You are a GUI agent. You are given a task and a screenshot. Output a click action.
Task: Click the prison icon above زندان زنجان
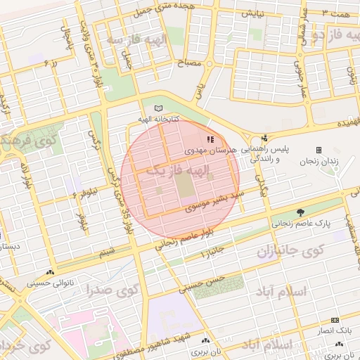click(x=319, y=150)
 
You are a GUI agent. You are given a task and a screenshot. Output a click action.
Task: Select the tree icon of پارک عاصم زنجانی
click(x=301, y=212)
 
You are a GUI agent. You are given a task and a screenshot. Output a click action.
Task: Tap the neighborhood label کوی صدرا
click(x=113, y=289)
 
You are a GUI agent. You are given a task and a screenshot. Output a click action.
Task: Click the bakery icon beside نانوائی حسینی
click(x=49, y=274)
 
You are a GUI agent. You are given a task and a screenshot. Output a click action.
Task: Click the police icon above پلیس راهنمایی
click(x=264, y=139)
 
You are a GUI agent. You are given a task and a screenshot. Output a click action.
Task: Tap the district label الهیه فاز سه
click(x=133, y=40)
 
